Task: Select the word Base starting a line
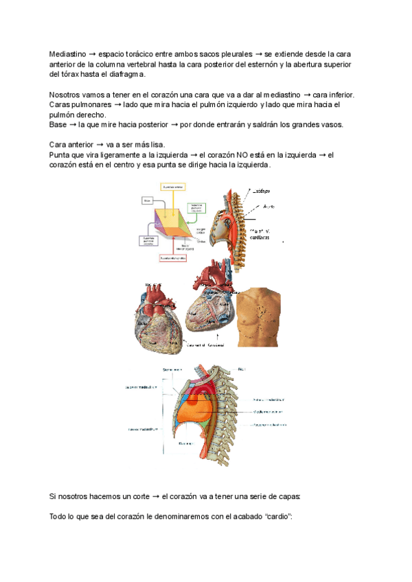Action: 59,125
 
